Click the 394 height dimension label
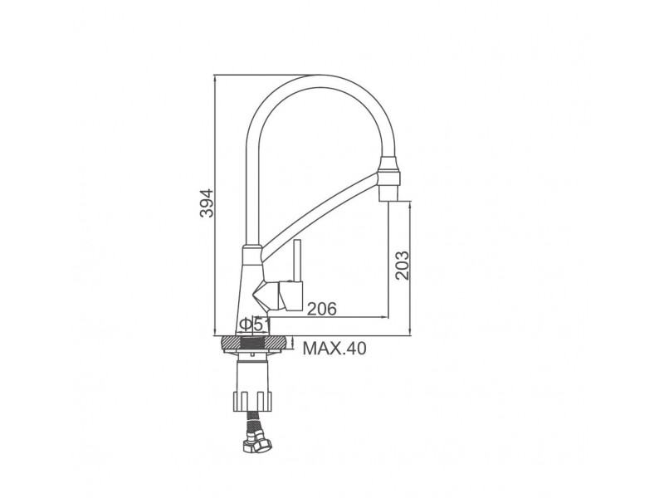(207, 203)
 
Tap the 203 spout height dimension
(403, 265)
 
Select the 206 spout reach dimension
(321, 309)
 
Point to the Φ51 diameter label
(255, 325)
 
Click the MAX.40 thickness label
(334, 348)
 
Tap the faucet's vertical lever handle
(297, 261)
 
